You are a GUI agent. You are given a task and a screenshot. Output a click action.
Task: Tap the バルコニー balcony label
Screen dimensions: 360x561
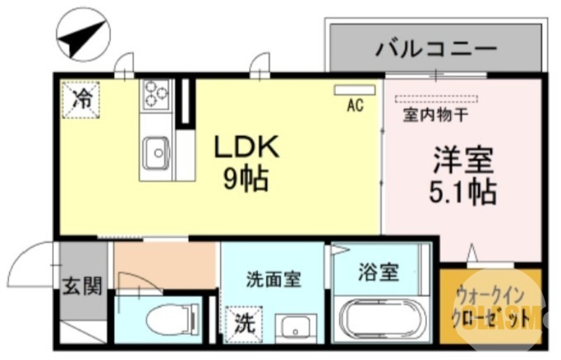point(436,49)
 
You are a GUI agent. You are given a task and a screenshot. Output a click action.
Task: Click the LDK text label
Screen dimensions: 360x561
point(247,147)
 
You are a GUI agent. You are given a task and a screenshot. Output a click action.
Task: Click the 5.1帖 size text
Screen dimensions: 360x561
point(463,191)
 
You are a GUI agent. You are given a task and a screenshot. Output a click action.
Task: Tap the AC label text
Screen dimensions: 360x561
point(355,106)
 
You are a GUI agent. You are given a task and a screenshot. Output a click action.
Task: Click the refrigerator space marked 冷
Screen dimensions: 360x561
point(82,99)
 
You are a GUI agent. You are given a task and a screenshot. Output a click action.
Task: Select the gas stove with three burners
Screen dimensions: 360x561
point(156,94)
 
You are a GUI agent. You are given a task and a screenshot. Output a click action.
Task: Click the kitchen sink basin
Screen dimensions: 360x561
point(156,149)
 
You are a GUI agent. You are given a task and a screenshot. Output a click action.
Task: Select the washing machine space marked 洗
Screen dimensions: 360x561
point(242,324)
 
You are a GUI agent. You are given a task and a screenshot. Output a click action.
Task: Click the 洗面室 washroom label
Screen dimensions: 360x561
point(273,279)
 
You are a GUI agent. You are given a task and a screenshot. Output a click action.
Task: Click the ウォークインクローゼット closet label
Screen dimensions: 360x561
point(491,307)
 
